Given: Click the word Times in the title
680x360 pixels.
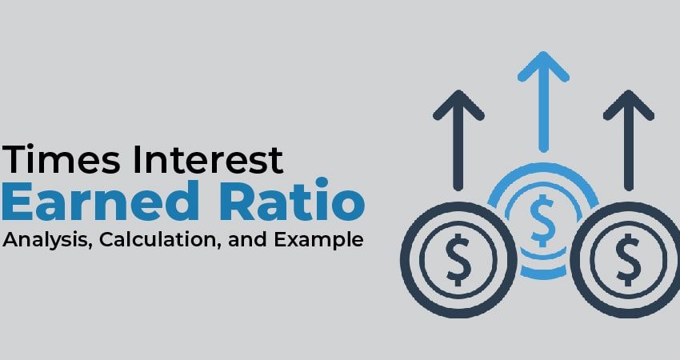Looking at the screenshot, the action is coord(61,160).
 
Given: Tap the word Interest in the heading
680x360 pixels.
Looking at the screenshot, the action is coord(208,160).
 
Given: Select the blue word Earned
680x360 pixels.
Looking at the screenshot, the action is coord(101,200).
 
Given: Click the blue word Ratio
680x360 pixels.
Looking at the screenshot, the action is coord(292,200).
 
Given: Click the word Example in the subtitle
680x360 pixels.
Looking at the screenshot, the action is coord(318,240).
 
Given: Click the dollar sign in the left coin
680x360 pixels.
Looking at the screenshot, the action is coord(458,259).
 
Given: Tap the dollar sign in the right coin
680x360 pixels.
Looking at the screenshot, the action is coord(628,259).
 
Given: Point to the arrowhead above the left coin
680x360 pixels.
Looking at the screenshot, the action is coord(458,105).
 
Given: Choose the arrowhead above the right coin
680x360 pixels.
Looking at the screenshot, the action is coord(628,105).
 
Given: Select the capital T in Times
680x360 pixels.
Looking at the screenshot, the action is coord(14,160).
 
